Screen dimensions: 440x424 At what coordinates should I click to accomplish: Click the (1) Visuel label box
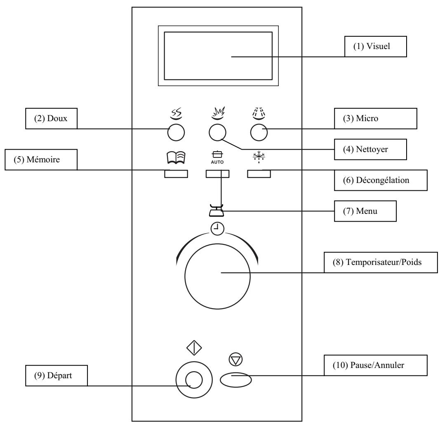coord(375,47)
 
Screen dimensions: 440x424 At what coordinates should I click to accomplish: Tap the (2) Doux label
coord(52,119)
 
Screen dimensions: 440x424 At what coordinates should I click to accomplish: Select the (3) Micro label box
coord(375,119)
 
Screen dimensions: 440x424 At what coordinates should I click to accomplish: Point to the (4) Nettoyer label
coord(370,150)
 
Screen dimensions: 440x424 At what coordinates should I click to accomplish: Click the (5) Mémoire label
coord(41,159)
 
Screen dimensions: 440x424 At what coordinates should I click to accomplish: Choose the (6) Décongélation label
coord(381,180)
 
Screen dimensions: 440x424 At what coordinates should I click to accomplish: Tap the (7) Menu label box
coord(365,211)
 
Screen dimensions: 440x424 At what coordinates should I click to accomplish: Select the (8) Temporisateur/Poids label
coord(381,262)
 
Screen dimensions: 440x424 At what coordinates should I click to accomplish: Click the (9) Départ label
coord(56,376)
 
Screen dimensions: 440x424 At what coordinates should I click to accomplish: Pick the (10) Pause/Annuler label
coord(376,365)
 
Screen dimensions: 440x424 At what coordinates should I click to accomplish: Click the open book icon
coord(176,157)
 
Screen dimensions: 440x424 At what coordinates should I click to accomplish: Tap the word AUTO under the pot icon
coord(217,162)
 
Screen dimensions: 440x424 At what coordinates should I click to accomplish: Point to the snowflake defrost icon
coord(259,157)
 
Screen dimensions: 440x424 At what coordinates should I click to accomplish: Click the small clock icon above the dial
coord(217,229)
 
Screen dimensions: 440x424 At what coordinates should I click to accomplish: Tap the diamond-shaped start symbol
coord(194,348)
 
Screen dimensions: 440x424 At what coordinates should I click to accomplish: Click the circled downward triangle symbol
coord(236,359)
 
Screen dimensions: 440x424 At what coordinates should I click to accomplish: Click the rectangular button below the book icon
coord(176,174)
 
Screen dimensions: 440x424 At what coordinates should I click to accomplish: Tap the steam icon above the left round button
coord(176,114)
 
